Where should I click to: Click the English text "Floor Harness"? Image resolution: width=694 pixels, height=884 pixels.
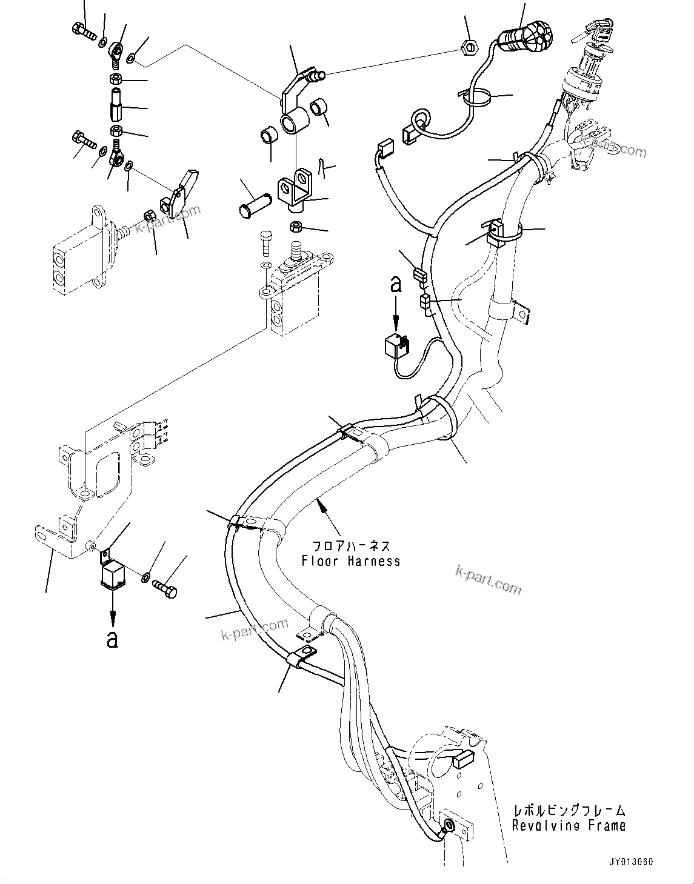coord(351,561)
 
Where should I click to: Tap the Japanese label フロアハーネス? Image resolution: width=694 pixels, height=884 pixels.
coord(351,546)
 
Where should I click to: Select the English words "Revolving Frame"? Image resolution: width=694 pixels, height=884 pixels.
coord(568,825)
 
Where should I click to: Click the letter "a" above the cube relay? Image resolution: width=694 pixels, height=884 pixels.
coord(395,284)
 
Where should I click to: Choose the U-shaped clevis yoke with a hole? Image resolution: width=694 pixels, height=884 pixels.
coord(295,192)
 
